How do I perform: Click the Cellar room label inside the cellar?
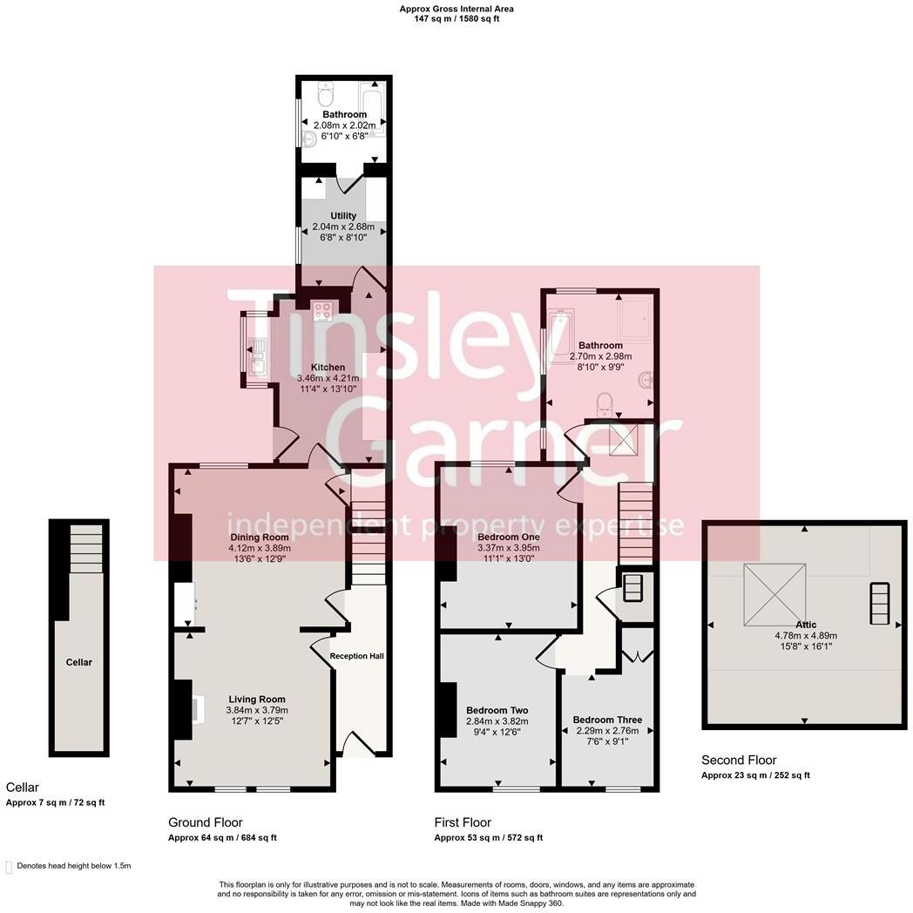click(78, 662)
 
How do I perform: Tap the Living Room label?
click(256, 699)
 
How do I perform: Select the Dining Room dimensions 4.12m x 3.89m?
click(259, 549)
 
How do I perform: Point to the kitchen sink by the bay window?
click(258, 356)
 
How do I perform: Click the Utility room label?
click(342, 216)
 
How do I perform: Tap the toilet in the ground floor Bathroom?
click(325, 93)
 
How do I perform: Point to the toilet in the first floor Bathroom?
click(605, 403)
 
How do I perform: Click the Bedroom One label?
click(509, 537)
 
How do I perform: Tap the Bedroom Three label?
click(607, 720)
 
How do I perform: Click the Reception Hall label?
click(357, 656)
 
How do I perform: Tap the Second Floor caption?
click(738, 761)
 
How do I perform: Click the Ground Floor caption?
click(206, 822)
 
